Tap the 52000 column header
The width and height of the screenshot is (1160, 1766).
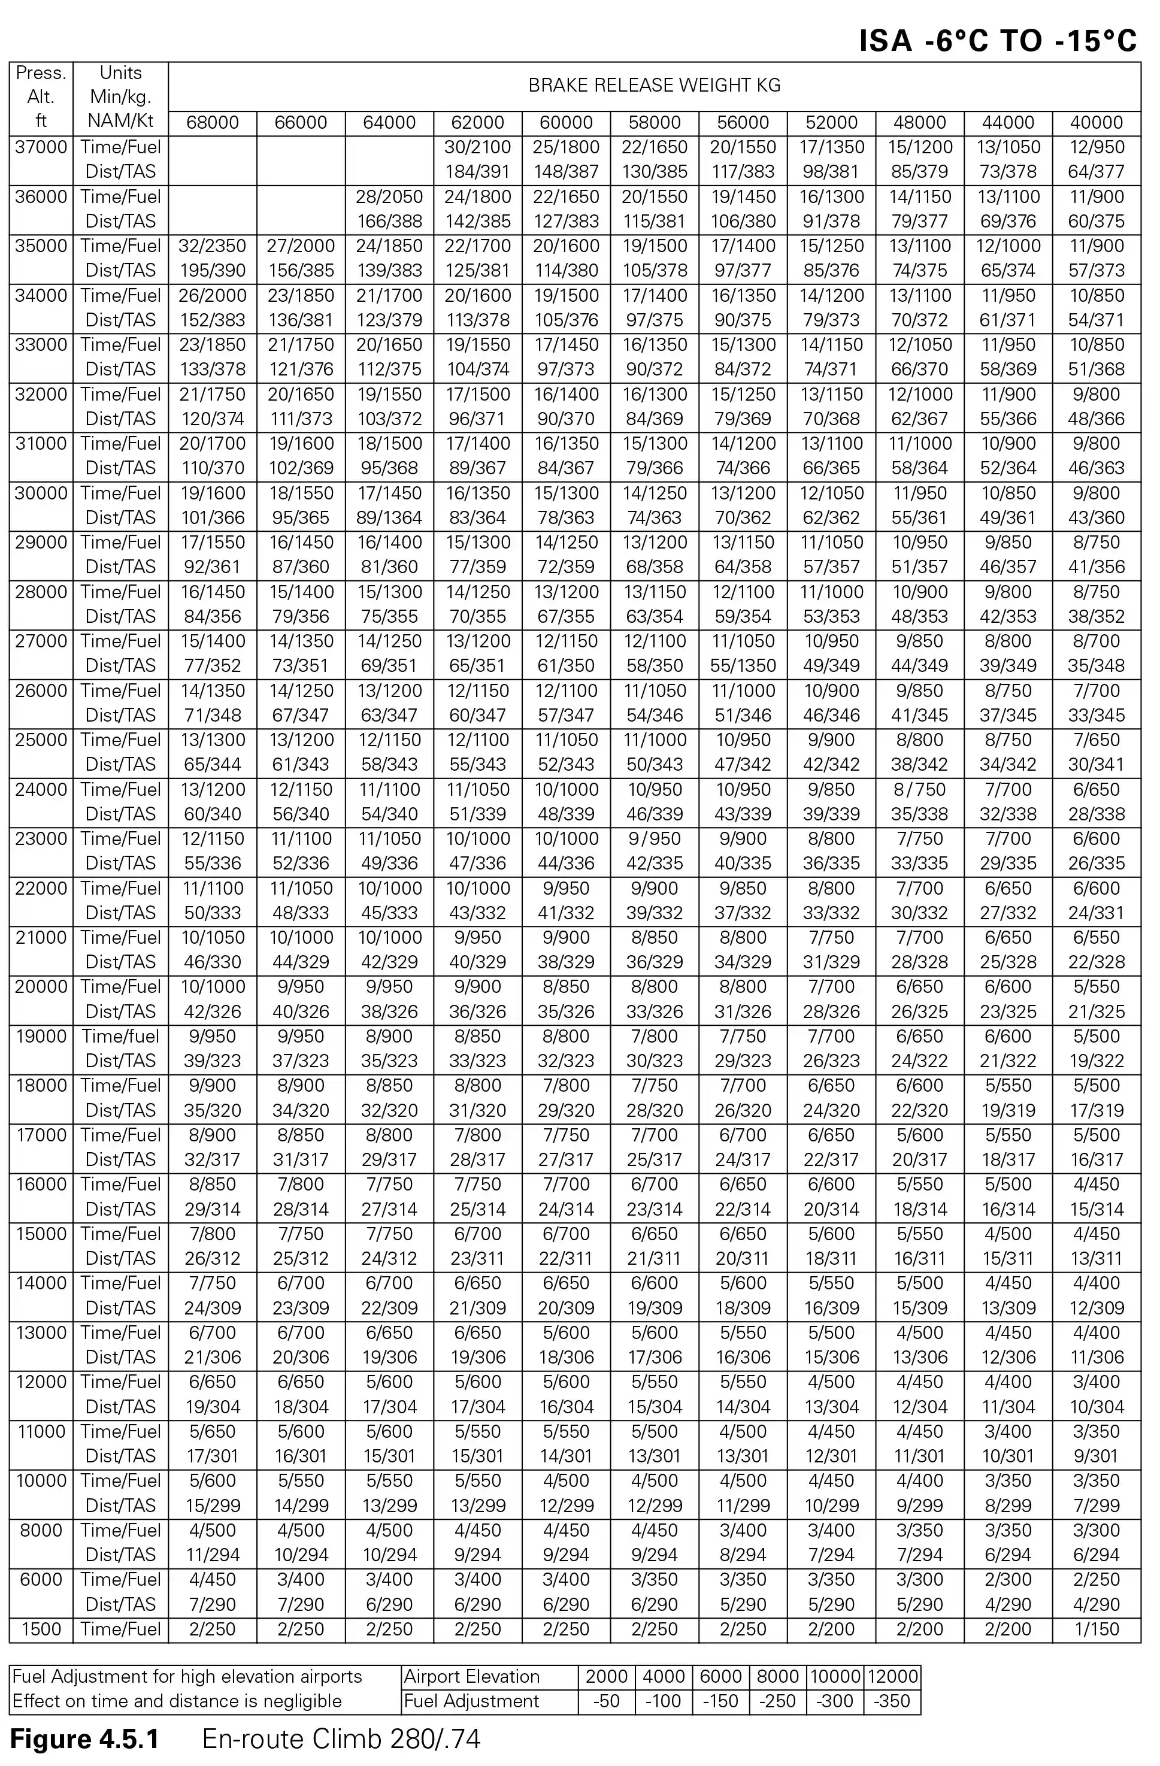click(831, 122)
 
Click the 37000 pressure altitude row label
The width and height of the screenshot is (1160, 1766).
click(41, 147)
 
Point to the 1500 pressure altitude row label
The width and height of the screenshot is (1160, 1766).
click(41, 1629)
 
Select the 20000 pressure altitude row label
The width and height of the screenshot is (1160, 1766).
click(41, 987)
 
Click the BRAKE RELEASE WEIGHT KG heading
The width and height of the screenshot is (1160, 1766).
click(654, 85)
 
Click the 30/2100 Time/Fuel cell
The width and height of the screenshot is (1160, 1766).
click(477, 147)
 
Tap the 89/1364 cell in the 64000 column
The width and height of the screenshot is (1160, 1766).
click(389, 517)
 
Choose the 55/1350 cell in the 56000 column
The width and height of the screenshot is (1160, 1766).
click(743, 665)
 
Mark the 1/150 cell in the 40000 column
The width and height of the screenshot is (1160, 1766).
click(1096, 1629)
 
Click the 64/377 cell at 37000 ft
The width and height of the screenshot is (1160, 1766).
click(1096, 171)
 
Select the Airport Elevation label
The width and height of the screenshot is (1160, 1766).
click(471, 1676)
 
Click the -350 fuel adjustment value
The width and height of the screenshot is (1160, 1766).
click(892, 1701)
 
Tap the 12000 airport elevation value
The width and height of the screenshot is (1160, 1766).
click(892, 1676)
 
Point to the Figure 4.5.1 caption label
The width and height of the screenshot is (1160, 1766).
click(84, 1739)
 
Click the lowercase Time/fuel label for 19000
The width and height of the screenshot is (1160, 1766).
click(120, 1036)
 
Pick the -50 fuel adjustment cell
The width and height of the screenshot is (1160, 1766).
click(606, 1701)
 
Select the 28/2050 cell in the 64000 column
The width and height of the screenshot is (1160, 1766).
click(389, 196)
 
